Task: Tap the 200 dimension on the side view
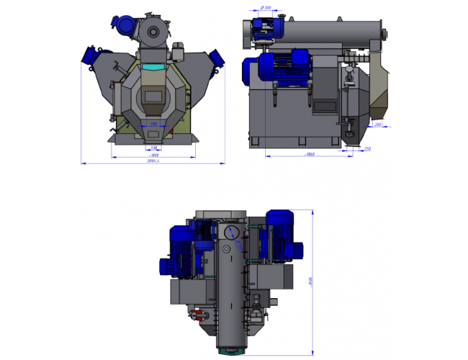(378, 125)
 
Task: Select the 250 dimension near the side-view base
(368, 149)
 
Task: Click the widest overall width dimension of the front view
(152, 162)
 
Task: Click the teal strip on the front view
(153, 67)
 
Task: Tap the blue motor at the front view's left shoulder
(93, 54)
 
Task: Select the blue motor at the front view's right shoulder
(215, 55)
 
